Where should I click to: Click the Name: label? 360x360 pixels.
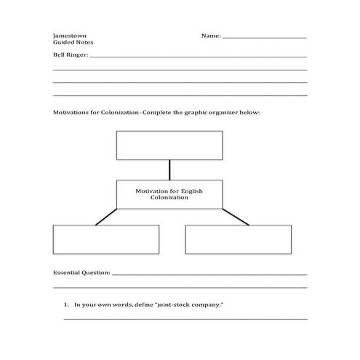(211, 36)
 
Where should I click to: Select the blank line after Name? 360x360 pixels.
(264, 37)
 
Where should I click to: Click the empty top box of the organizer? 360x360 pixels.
(169, 145)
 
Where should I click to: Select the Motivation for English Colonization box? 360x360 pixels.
(169, 194)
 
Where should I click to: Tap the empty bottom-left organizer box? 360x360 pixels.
(106, 239)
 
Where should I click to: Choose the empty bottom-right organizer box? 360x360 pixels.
(238, 239)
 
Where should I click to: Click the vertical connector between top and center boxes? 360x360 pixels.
(169, 169)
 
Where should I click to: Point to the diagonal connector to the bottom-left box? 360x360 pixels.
(105, 217)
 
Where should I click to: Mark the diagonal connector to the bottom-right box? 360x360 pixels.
(235, 217)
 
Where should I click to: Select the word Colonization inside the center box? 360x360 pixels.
(169, 198)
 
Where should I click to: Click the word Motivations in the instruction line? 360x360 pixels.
(73, 113)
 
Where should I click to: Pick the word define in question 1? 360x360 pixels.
(143, 305)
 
